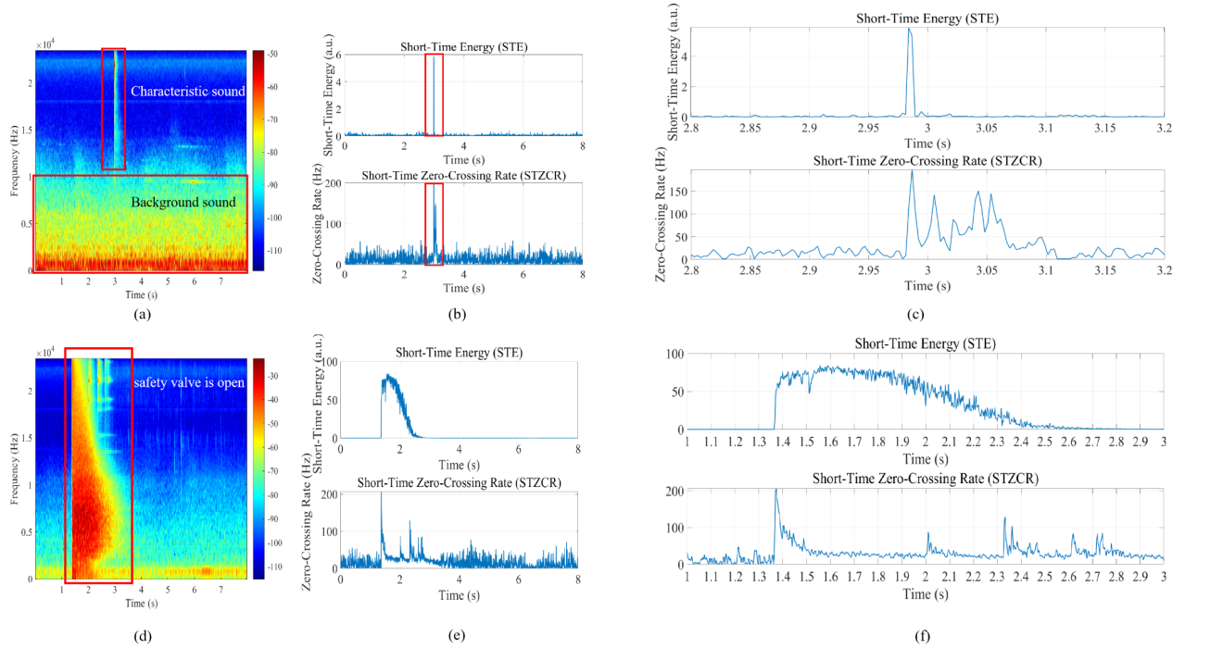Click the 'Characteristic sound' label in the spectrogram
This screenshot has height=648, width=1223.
tap(187, 92)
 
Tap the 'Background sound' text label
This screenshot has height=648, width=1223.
tap(183, 203)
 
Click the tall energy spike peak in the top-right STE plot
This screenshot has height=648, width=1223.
tap(910, 29)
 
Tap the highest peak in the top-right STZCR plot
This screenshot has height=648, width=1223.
tap(912, 171)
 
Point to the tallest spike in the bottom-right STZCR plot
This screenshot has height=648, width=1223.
tap(775, 490)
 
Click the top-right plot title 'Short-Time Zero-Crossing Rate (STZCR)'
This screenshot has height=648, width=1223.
tap(927, 160)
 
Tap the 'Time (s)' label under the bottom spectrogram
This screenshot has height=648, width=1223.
tap(141, 603)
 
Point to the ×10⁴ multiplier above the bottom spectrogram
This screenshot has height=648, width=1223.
tap(45, 352)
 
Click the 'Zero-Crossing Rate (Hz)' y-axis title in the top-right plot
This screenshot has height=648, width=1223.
tap(662, 216)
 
